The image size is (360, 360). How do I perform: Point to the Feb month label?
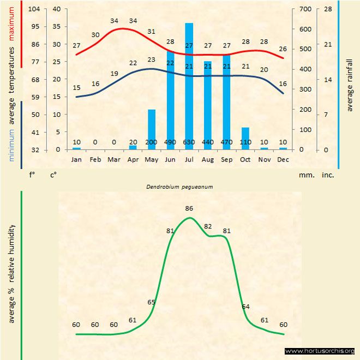95,159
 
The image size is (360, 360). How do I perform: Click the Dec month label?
283,159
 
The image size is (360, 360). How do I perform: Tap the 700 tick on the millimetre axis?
304,9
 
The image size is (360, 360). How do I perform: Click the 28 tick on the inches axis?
328,9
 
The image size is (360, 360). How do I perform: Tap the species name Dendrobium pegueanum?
179,187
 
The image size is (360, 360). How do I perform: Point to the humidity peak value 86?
189,208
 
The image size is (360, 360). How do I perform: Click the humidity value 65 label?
152,302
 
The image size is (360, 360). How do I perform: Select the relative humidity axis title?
11,273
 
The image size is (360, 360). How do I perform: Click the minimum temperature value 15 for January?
77,88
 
